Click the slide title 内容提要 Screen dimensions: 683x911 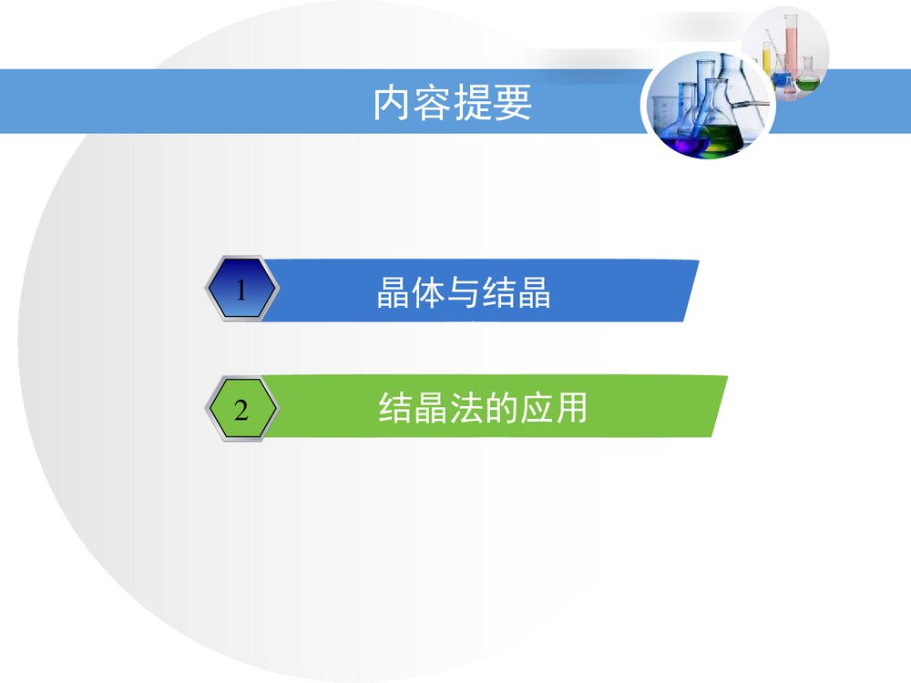[453, 104]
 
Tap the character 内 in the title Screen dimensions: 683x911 [389, 104]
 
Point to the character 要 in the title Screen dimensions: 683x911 [516, 104]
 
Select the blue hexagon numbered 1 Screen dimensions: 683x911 [241, 291]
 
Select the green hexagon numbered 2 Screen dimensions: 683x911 [241, 410]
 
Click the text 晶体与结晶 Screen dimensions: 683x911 [463, 293]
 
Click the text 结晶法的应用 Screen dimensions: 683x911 [482, 408]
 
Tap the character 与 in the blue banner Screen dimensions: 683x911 [464, 293]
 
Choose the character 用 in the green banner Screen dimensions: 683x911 [569, 408]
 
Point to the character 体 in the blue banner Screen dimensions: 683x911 [428, 293]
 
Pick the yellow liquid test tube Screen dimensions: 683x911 [768, 59]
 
